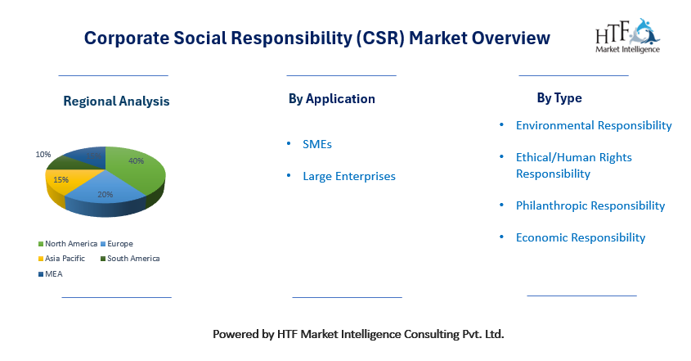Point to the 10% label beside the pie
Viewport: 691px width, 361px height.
[43, 155]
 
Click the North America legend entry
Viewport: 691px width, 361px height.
[68, 244]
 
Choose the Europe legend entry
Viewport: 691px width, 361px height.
[117, 244]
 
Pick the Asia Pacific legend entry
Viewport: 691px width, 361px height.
[61, 258]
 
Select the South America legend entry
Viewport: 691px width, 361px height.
[130, 258]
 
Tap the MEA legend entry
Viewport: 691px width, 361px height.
[51, 274]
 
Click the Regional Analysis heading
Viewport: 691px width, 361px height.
[116, 101]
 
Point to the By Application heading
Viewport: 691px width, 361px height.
[332, 99]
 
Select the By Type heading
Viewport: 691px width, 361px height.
[559, 98]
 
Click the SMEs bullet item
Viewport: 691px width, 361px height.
[316, 144]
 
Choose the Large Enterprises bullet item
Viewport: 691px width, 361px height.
[349, 177]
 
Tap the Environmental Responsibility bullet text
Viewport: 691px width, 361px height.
[594, 126]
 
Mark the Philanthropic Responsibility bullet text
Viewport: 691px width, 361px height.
[590, 205]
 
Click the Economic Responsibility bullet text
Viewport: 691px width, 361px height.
[581, 238]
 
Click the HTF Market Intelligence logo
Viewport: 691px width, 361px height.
[627, 36]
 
